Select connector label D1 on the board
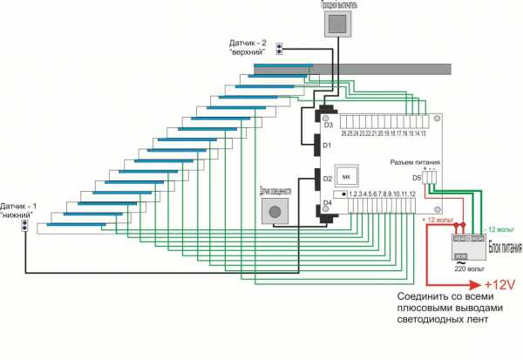pos(328,146)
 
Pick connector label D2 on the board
pos(328,179)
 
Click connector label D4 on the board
pos(328,203)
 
